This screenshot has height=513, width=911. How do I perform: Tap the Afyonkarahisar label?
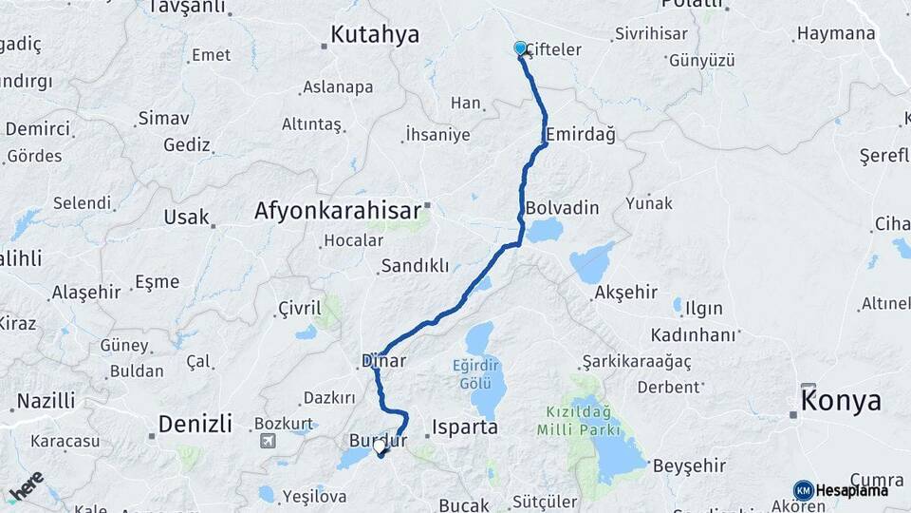click(x=337, y=211)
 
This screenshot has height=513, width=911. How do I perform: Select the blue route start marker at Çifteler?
click(x=520, y=47)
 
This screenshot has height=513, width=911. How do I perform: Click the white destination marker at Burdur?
click(x=380, y=446)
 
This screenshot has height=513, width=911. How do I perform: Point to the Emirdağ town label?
click(x=581, y=134)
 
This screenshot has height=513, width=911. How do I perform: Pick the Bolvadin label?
click(x=562, y=206)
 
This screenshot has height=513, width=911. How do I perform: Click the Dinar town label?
click(x=383, y=361)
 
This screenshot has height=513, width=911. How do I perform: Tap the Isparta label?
click(x=464, y=427)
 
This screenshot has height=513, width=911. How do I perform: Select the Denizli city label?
click(x=195, y=423)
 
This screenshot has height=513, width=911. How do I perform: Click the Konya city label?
click(x=841, y=401)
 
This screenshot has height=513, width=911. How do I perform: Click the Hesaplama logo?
click(x=841, y=490)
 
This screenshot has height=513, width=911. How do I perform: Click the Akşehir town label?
click(x=625, y=292)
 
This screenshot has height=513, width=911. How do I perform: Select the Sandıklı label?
click(x=415, y=266)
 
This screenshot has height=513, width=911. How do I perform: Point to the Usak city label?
click(x=186, y=217)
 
